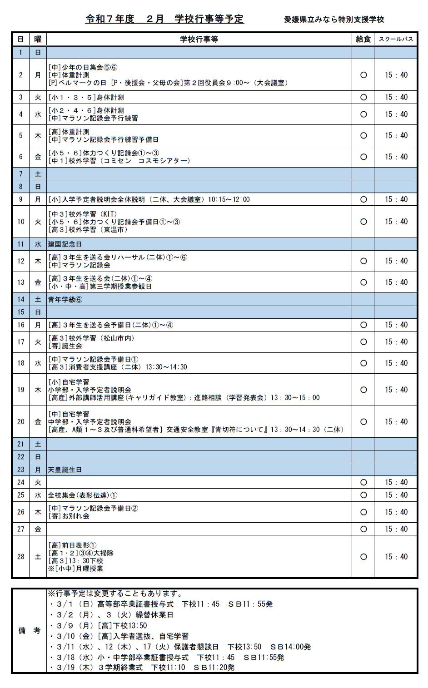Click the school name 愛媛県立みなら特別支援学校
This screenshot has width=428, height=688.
coord(334,20)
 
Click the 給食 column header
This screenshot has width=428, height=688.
coord(363,39)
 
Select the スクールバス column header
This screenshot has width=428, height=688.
coord(396,39)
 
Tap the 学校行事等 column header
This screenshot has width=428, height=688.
coord(199,39)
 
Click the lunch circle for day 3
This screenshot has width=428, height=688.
coord(363,97)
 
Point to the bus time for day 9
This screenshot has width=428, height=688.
coord(396,199)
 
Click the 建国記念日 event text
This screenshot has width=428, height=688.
coord(65,244)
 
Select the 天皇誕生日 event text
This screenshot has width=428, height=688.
coord(65,470)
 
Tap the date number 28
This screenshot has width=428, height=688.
coord(20,557)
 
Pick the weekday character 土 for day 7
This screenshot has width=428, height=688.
coord(38,174)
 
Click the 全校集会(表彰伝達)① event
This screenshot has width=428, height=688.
coord(83,495)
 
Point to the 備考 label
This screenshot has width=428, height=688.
coord(29,631)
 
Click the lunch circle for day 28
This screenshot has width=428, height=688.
coord(363,557)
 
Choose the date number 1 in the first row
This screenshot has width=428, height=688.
coord(20,52)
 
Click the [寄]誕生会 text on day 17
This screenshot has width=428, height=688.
coord(65,346)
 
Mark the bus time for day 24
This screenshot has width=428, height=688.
coord(396,482)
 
